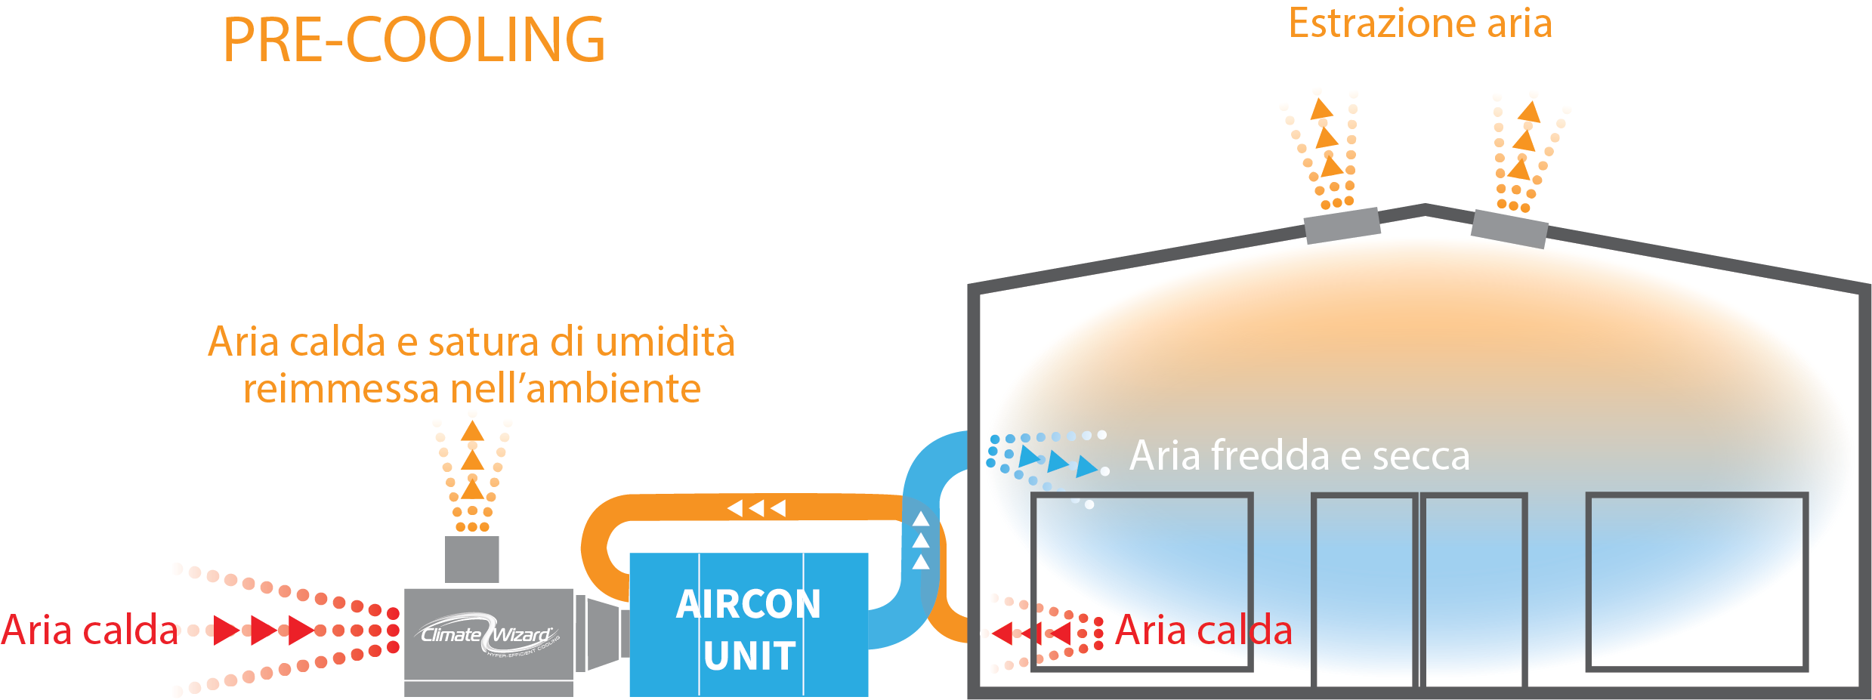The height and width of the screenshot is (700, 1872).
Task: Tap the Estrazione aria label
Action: click(1419, 23)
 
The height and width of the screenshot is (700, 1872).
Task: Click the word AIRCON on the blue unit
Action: click(748, 604)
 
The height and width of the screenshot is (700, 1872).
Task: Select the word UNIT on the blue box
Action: click(749, 655)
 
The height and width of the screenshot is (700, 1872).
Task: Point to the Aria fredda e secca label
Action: click(1299, 455)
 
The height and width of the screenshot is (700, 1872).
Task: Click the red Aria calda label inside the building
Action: click(1203, 630)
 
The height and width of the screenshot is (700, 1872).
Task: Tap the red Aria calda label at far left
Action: click(89, 630)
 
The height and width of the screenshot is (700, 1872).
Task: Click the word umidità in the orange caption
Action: click(665, 341)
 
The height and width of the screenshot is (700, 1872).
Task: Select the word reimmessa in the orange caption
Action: click(341, 389)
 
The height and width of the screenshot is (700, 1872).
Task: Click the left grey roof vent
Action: click(1342, 225)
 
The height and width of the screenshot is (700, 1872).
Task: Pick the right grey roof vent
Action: click(1509, 229)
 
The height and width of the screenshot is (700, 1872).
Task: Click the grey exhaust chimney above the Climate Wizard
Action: click(472, 559)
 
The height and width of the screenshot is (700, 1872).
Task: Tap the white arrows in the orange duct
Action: click(756, 508)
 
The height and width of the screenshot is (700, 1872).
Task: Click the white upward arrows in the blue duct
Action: click(921, 540)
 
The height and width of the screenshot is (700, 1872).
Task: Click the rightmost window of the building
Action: click(1696, 581)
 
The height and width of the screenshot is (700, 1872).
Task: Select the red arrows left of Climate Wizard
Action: click(263, 630)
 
